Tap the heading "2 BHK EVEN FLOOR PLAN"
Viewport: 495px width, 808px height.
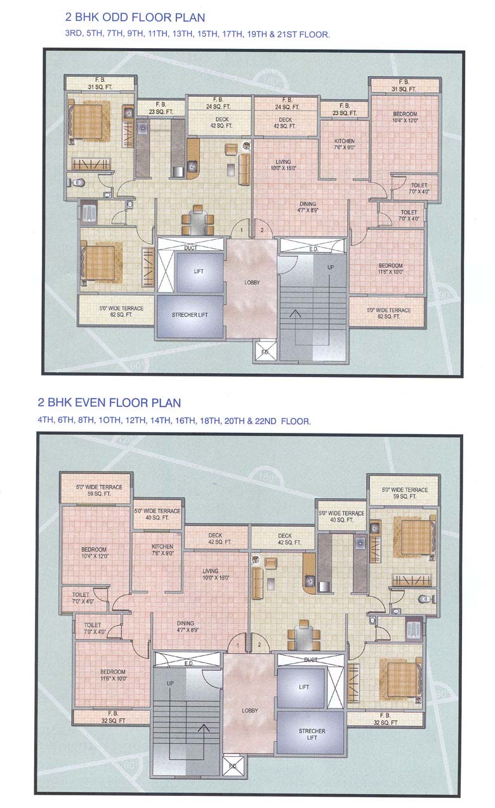[x=109, y=402]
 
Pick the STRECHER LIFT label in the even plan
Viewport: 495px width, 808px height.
[x=312, y=734]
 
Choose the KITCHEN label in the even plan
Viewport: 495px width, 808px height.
[x=162, y=546]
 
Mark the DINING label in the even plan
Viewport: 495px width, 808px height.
[x=185, y=623]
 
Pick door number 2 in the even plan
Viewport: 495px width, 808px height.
[x=259, y=646]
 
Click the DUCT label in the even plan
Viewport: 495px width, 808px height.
[x=311, y=659]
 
